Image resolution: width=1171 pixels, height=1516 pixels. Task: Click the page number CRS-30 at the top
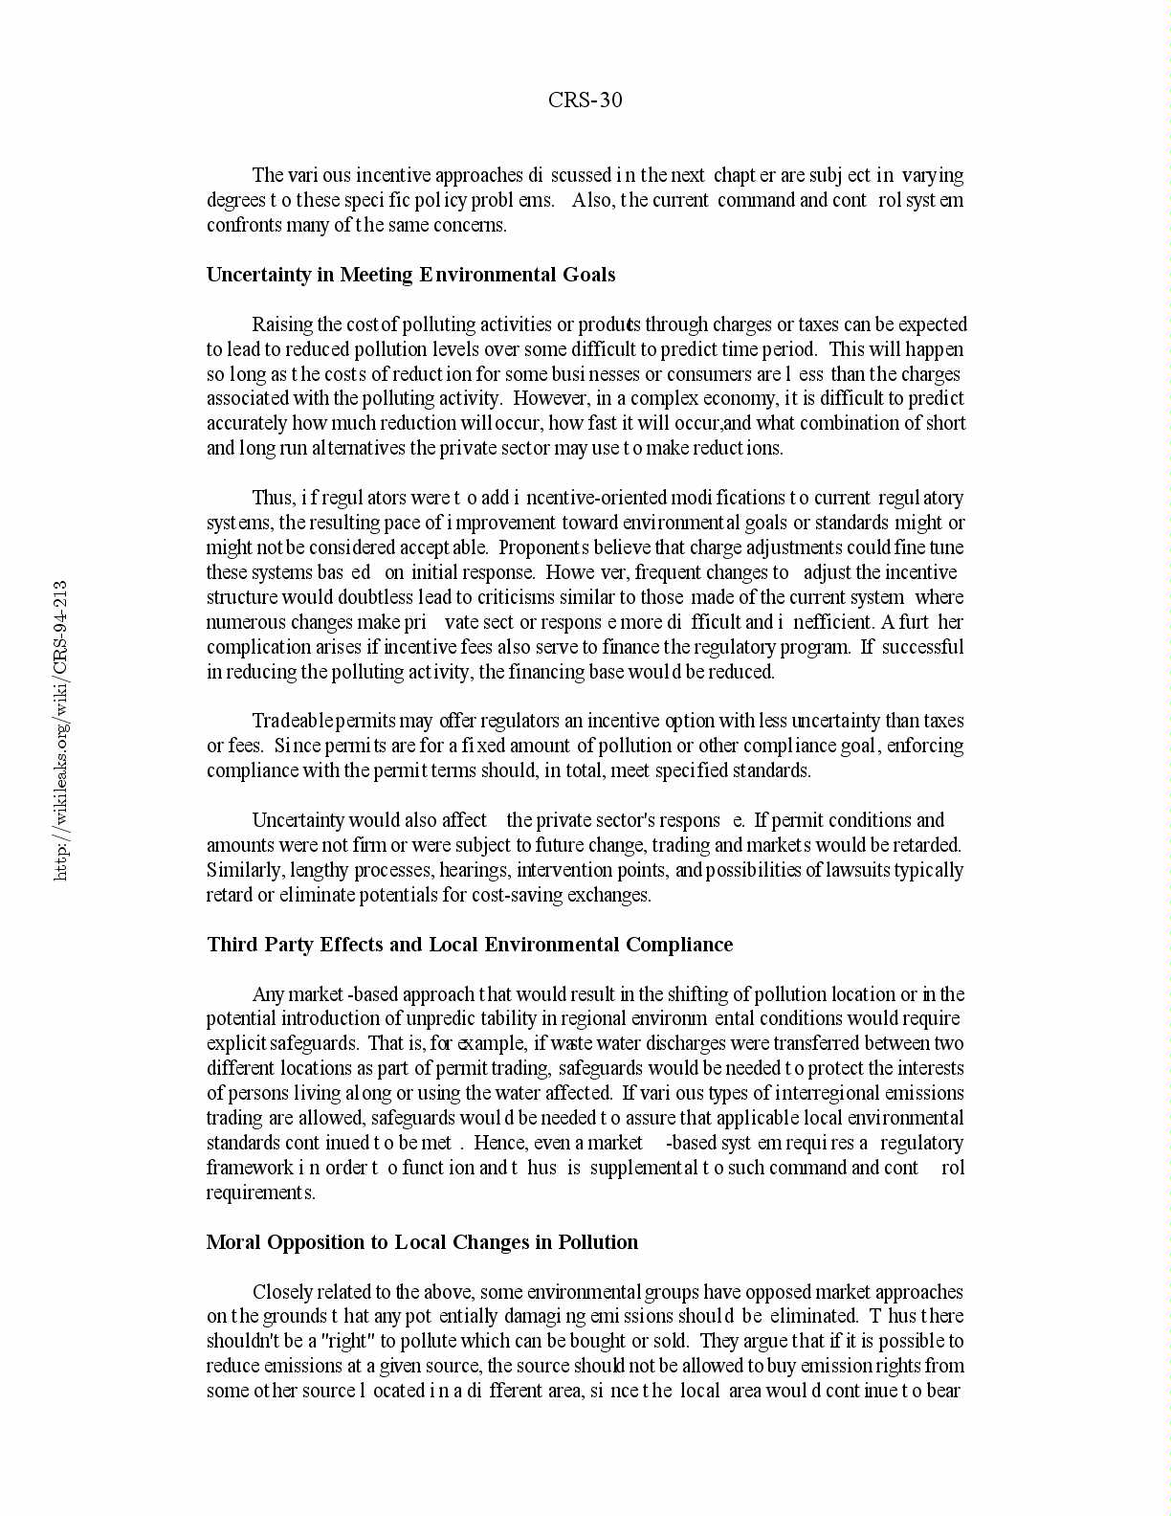(585, 100)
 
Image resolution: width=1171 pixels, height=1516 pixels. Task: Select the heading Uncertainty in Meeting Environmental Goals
(410, 275)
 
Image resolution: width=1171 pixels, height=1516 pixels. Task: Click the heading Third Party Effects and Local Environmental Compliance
(470, 945)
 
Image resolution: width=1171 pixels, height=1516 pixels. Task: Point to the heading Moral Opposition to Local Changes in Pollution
(422, 1242)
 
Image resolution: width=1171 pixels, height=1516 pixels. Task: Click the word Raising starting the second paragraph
(282, 324)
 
